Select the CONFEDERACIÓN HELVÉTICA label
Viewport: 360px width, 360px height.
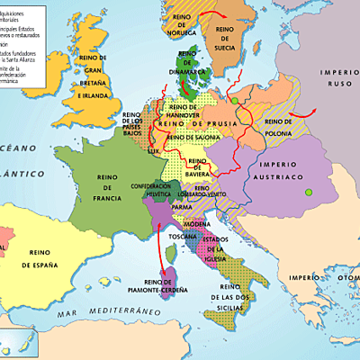pyautogui.click(x=150, y=191)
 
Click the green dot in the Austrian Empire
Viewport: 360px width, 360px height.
pyautogui.click(x=309, y=191)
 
